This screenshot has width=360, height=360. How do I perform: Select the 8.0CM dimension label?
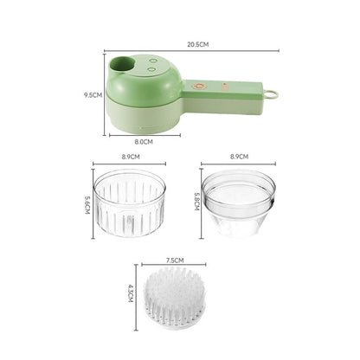click(x=144, y=142)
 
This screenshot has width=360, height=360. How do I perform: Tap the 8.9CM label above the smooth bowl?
click(x=240, y=157)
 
